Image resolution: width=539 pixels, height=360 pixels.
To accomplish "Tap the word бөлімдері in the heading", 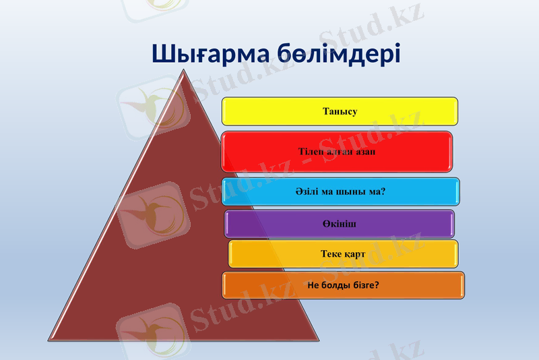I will pos(339,53).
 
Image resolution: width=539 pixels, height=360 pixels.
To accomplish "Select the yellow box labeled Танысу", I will pos(340,111).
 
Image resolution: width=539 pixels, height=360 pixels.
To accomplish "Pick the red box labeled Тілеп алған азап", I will pos(337,152).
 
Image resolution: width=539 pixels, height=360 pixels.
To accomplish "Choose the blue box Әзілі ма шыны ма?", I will pos(340,191).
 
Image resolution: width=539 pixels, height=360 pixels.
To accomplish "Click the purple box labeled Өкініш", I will pos(339,224).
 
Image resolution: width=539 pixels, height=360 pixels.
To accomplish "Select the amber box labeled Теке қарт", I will pos(343,254).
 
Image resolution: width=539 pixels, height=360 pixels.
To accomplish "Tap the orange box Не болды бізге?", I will pos(343,285).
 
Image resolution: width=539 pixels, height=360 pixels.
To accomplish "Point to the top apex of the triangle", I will pos(183,69).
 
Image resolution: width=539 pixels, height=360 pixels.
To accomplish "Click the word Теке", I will pos(331,254).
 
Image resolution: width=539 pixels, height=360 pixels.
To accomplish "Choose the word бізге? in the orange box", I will pos(364,285).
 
